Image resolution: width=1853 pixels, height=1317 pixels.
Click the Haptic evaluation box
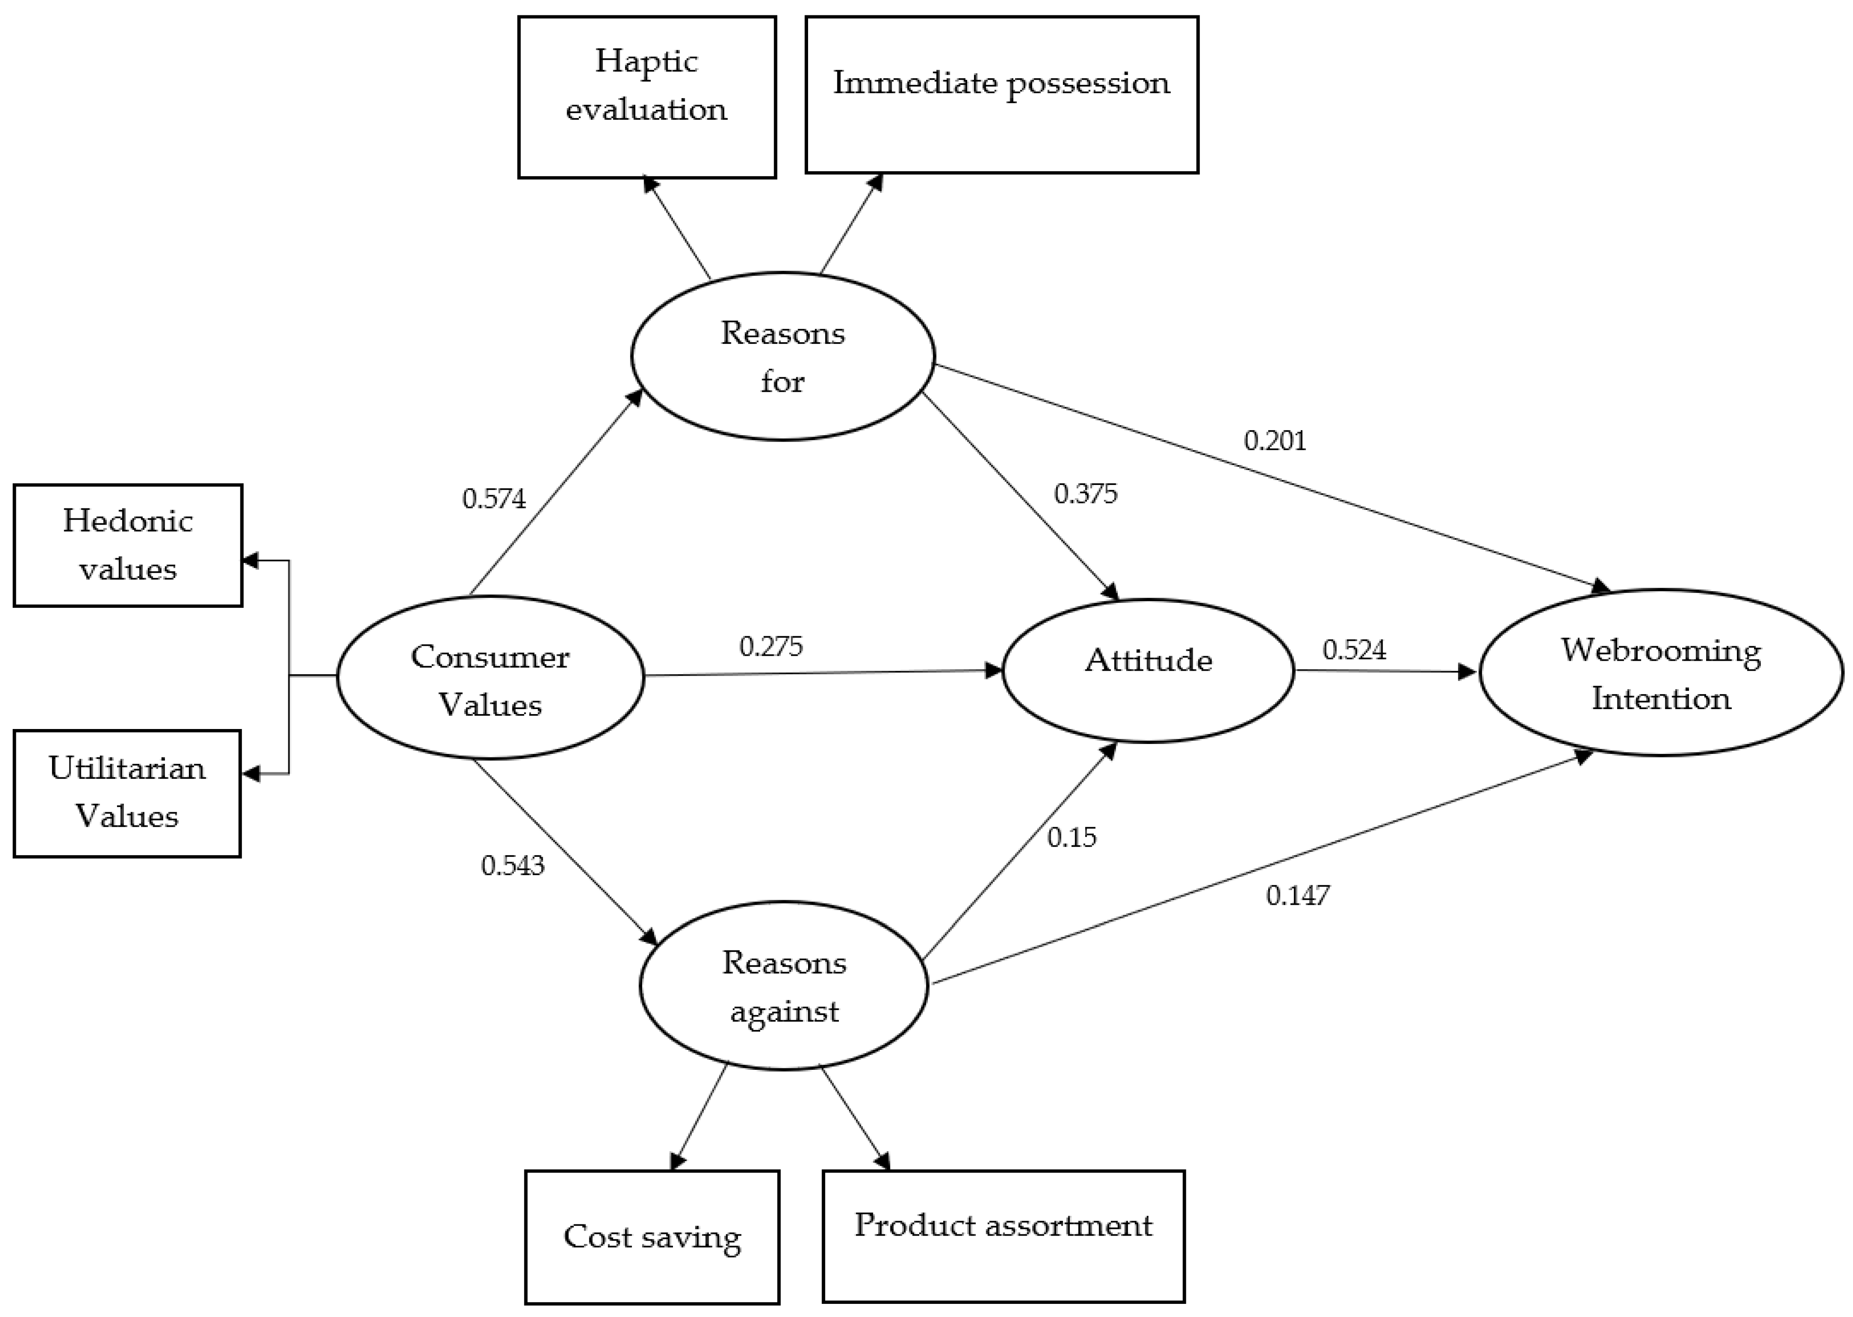[646, 97]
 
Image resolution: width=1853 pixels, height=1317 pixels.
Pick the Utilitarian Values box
[127, 793]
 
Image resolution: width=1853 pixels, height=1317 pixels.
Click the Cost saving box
[652, 1237]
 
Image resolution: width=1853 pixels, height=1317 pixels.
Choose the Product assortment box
[1003, 1236]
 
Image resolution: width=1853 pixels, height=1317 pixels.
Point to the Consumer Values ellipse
[490, 678]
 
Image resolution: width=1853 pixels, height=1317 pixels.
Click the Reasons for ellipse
[783, 357]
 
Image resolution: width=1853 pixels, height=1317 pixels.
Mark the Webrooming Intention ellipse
[1661, 673]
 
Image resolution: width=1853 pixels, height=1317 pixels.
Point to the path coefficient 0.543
[513, 866]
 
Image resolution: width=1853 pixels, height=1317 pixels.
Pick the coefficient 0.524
[1354, 649]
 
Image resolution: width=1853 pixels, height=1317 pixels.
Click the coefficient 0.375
[1085, 494]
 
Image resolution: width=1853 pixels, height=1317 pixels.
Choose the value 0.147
[1298, 895]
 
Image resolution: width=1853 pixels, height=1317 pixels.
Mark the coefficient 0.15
[1071, 837]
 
